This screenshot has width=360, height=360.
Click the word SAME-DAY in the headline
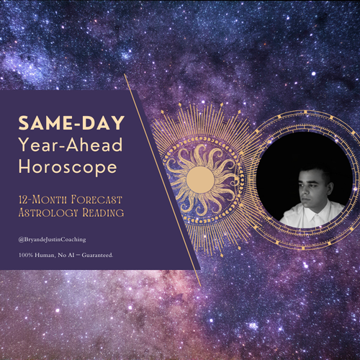click(x=71, y=123)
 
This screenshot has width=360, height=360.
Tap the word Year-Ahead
click(x=71, y=145)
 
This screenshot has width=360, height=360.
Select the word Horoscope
click(x=68, y=168)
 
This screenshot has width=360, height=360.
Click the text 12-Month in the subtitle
click(x=42, y=199)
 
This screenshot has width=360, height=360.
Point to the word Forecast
click(x=96, y=199)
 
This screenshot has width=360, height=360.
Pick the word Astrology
click(x=48, y=213)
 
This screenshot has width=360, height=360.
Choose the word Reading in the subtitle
click(x=103, y=212)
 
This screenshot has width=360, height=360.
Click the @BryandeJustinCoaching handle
click(x=52, y=240)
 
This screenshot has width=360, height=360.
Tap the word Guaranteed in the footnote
click(x=97, y=255)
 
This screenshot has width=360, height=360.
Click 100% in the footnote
click(x=26, y=255)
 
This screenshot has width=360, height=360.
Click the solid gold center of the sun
click(x=200, y=179)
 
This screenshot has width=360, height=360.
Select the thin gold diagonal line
click(x=163, y=180)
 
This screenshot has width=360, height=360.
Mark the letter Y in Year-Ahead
click(x=24, y=145)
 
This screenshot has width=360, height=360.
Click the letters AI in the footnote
click(x=71, y=255)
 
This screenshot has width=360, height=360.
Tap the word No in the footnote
click(x=62, y=255)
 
